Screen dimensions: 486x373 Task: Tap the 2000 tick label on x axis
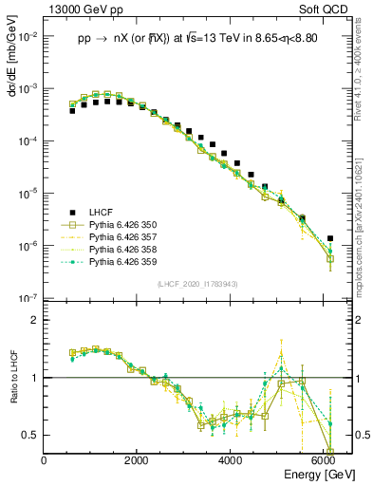point(137,461)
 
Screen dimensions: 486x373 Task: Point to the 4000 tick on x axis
point(231,461)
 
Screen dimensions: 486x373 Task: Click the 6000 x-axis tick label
point(324,461)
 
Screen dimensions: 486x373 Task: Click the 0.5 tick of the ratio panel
point(32,435)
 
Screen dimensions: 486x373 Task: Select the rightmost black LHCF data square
point(329,238)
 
